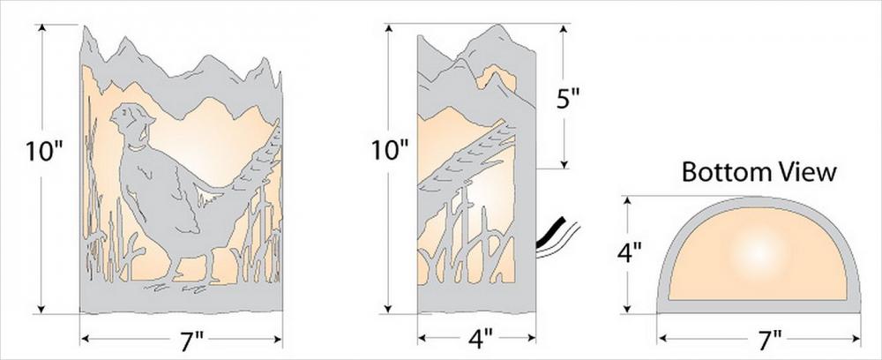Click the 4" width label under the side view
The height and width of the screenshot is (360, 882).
tap(477, 338)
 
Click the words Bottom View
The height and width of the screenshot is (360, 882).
tap(759, 172)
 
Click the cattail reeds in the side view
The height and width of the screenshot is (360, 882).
tap(459, 229)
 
